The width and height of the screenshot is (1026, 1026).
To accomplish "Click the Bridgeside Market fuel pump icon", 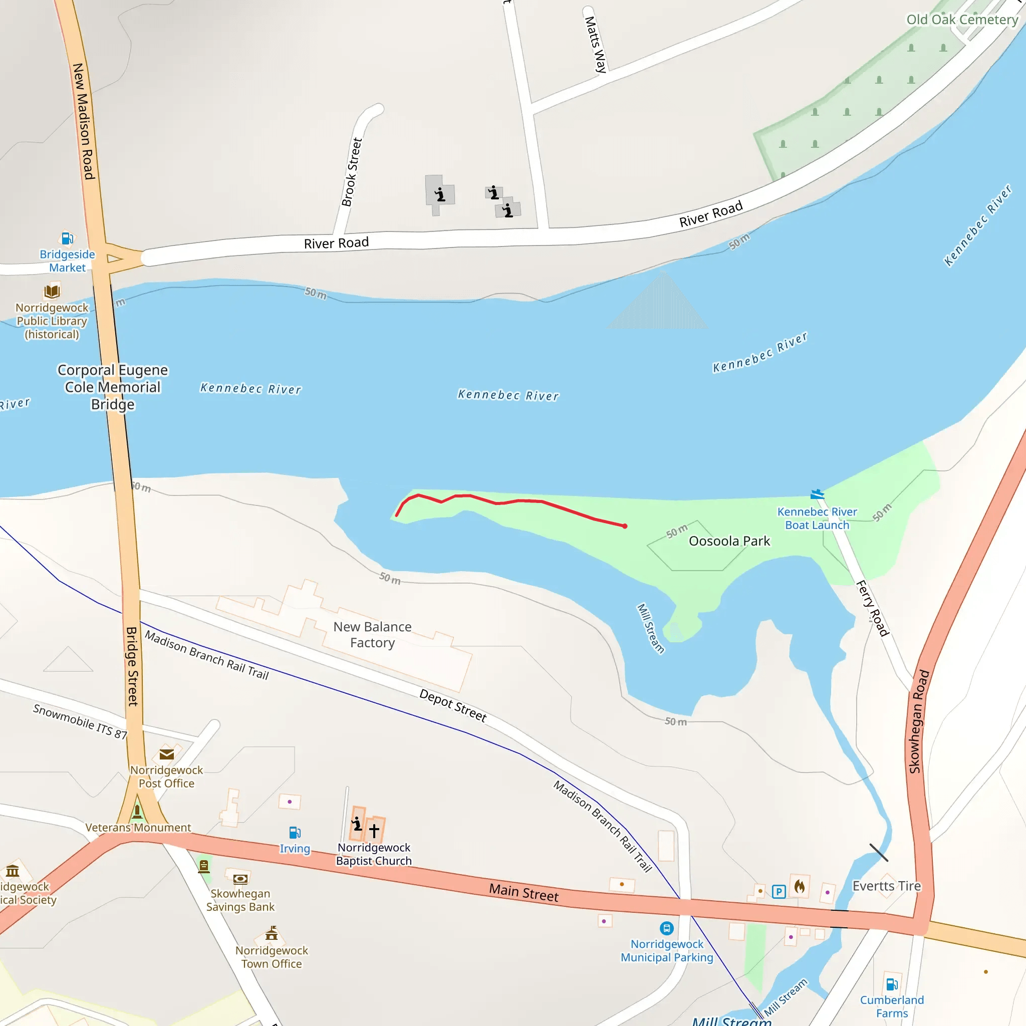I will [x=67, y=238].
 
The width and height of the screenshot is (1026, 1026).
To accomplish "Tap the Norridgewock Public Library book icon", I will [x=52, y=291].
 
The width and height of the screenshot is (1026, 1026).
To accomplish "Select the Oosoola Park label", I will [x=728, y=541].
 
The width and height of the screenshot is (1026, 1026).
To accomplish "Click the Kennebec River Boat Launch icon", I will [x=817, y=495].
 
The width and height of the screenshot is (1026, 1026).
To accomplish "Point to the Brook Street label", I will [x=352, y=171].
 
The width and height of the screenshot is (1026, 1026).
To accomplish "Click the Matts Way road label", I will [x=595, y=45].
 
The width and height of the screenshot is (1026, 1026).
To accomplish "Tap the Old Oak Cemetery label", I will [x=962, y=20].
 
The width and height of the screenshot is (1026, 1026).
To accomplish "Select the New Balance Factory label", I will [x=372, y=635].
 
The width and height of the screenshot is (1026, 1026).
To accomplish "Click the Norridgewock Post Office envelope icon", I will [x=167, y=754].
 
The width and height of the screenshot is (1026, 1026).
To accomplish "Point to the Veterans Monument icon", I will [x=137, y=811].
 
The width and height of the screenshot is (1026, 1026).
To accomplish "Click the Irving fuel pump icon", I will [x=295, y=832].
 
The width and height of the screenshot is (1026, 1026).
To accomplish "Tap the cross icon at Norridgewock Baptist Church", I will [x=374, y=830].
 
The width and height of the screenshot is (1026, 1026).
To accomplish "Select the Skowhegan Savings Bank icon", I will [x=240, y=878].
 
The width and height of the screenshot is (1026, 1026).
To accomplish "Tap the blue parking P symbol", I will [x=779, y=892].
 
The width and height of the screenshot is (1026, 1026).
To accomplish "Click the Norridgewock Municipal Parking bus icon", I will [x=666, y=928].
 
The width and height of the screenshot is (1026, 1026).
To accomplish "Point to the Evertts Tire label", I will [x=886, y=886].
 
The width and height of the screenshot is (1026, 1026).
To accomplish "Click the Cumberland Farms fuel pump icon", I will [x=892, y=984].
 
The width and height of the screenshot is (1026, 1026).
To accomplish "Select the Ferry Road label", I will [x=872, y=609].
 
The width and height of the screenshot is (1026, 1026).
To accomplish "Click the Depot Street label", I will [x=452, y=705].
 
